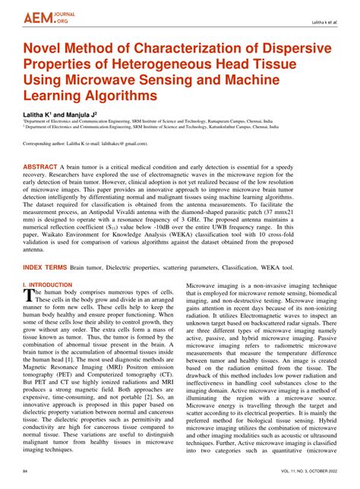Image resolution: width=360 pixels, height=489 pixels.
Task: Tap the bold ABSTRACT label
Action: [45, 165]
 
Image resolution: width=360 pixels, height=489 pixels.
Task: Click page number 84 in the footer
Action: [26, 472]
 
